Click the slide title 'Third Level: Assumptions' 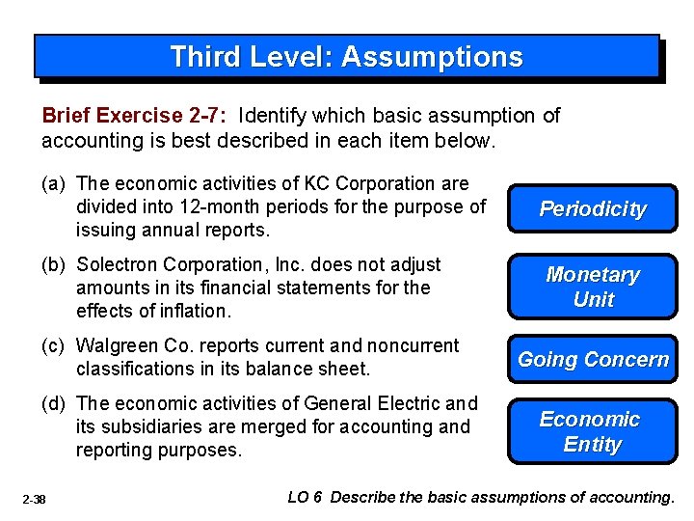(346, 57)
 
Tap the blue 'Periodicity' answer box (593, 209)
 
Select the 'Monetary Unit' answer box (593, 287)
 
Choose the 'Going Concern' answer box (593, 360)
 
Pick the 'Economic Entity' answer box (593, 431)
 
